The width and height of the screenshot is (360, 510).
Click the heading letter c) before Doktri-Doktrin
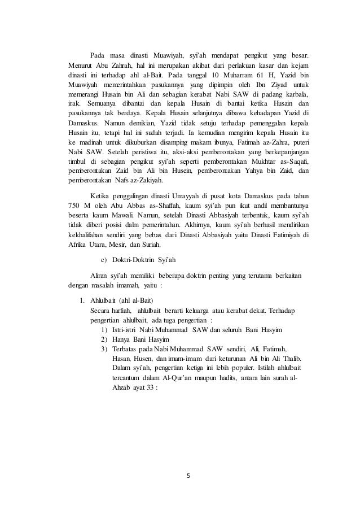coord(103,259)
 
